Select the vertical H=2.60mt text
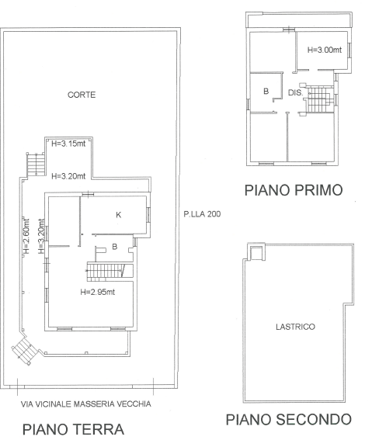click(x=25, y=236)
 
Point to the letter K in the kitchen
click(x=118, y=216)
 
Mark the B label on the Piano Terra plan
click(x=114, y=248)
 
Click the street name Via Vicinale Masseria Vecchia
click(x=85, y=404)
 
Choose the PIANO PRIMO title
click(x=294, y=190)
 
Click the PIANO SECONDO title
click(x=288, y=420)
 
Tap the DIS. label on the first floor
click(x=294, y=92)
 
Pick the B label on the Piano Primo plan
click(x=266, y=92)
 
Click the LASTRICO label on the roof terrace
click(x=295, y=327)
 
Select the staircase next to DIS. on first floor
click(x=319, y=99)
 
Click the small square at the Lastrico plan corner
click(x=253, y=252)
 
